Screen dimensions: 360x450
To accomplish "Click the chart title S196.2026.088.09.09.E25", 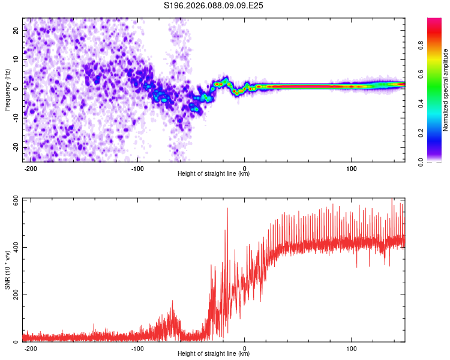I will (214, 6).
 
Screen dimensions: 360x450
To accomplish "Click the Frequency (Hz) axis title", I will (7, 89).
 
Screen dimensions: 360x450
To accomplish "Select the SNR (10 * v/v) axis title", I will (7, 270).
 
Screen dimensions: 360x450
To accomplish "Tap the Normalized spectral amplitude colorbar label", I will (446, 90).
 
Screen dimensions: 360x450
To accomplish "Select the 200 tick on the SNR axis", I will (15, 295).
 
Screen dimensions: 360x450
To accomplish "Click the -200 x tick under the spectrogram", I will (31, 167).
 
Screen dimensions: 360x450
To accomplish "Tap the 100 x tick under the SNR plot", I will (351, 347).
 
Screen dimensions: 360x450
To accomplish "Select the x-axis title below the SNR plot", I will (214, 354).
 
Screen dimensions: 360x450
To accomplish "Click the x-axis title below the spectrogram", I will (214, 174).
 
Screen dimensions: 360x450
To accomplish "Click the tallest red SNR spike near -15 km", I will (227, 209).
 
